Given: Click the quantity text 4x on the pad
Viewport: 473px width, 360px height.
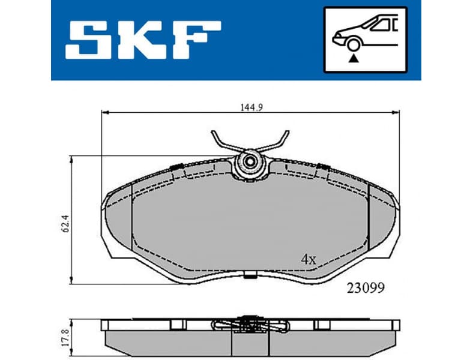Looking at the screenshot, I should pos(308,259).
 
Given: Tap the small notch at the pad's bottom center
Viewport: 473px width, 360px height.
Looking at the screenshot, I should pos(250,275).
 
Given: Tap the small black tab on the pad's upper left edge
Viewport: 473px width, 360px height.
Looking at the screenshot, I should pos(177,166).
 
